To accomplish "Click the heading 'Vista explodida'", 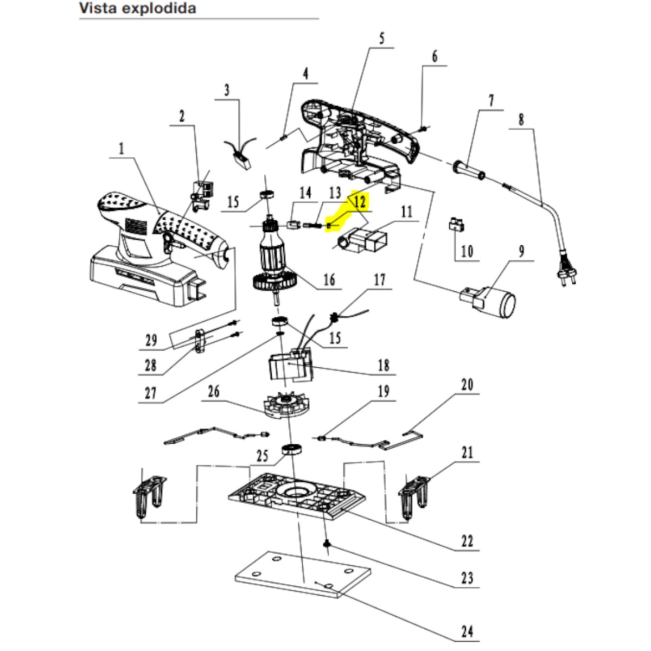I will (137, 9).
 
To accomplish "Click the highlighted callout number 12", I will (359, 202).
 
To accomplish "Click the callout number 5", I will (381, 39).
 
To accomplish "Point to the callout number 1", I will (122, 148).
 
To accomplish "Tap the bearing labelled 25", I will (292, 450).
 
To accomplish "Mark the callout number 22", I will (467, 540).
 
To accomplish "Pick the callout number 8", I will (521, 119).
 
